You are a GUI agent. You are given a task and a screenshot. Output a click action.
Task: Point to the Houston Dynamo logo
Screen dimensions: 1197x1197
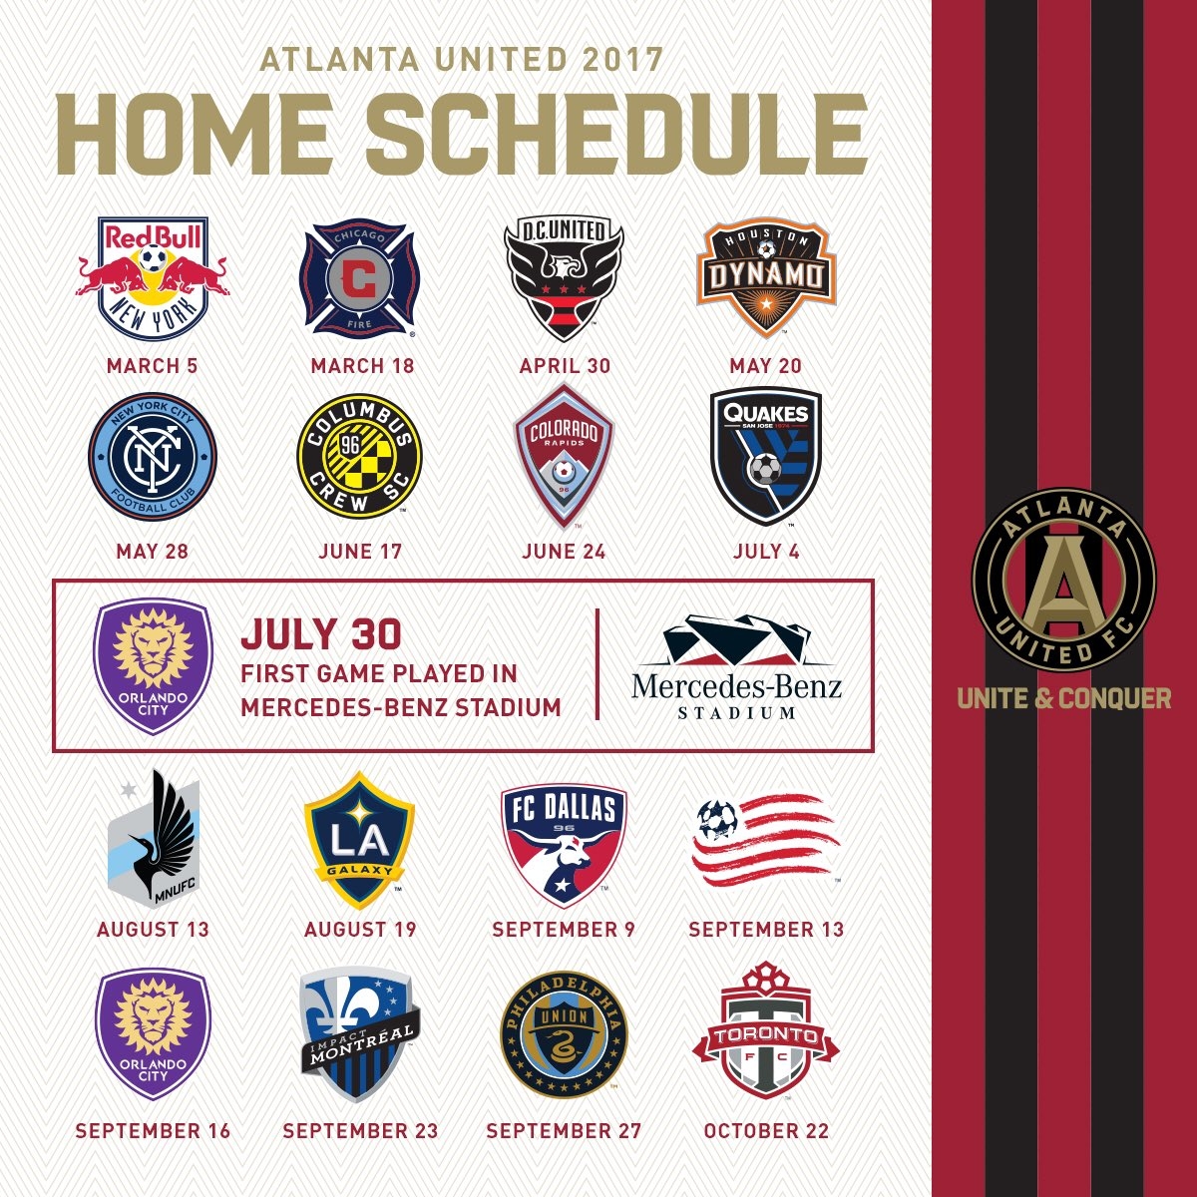coord(765,277)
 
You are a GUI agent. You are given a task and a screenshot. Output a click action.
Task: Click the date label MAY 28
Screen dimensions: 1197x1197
coord(153,552)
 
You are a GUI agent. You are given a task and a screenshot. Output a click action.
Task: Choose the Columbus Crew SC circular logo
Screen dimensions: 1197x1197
coord(360,456)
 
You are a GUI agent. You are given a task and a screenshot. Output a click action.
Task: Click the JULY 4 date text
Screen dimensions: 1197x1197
coord(766,552)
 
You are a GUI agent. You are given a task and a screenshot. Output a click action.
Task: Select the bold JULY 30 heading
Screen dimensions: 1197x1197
coord(320,634)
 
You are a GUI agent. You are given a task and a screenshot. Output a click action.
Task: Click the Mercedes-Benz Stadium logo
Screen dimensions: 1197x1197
coord(736,666)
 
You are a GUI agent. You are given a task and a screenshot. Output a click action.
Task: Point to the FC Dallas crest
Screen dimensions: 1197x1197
coord(564,844)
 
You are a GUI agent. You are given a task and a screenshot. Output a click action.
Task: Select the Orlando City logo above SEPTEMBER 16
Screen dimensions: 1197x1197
coord(153,1033)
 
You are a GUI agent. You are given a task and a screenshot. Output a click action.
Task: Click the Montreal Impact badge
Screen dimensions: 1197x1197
coord(360,1034)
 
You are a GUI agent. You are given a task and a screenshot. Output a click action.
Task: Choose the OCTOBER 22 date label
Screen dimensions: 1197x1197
coord(766,1131)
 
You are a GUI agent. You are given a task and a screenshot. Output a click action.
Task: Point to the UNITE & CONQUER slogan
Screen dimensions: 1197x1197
coord(1064,698)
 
